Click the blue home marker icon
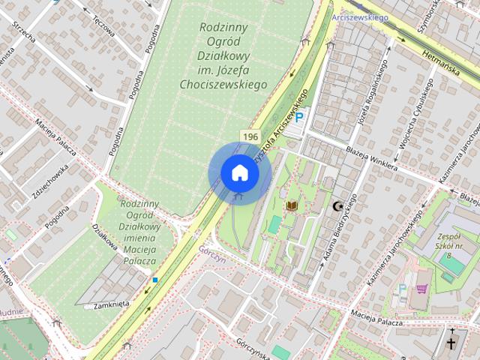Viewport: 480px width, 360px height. pyautogui.click(x=239, y=172)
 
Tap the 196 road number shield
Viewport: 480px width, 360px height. pyautogui.click(x=250, y=136)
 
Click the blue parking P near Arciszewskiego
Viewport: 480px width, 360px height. pyautogui.click(x=299, y=117)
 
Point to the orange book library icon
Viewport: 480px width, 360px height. pyautogui.click(x=292, y=205)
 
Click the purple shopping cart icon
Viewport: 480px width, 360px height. pyautogui.click(x=422, y=288)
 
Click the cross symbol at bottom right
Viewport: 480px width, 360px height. pyautogui.click(x=451, y=343)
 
